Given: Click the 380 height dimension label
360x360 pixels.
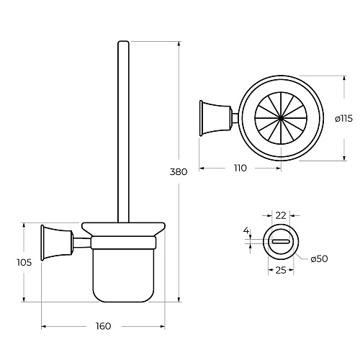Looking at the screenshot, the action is pos(179,172).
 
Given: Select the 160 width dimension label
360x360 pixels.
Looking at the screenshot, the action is pos(104,326).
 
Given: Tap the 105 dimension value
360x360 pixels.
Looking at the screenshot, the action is pos(24,262).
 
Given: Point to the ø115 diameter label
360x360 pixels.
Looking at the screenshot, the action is pos(344,118).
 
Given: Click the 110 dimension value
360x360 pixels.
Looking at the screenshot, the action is pos(240,168).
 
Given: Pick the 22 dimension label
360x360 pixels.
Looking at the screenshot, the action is pos(281,215).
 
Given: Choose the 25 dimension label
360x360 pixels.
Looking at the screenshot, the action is pos(281,270).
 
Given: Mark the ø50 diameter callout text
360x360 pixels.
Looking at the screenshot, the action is pos(319,258).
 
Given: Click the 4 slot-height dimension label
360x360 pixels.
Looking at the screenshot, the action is pos(246,230).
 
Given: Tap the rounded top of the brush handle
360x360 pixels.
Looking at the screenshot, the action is pos(123,42).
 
